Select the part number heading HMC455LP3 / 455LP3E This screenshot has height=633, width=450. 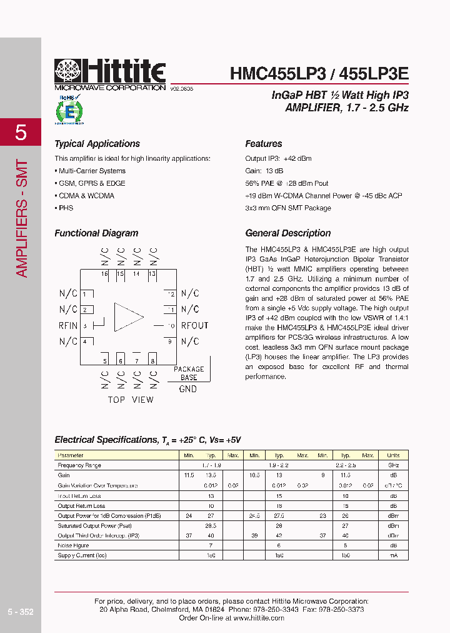[319, 73]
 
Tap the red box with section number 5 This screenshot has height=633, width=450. [21, 133]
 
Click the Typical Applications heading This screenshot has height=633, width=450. [97, 144]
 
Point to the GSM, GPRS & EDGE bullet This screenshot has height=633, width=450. [91, 183]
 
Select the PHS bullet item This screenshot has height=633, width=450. [65, 208]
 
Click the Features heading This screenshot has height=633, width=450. [263, 144]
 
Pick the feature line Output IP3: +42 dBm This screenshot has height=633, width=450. [278, 159]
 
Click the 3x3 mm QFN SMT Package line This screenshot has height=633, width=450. [288, 208]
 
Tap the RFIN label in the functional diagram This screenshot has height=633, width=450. [68, 325]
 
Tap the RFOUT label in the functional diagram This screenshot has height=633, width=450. [194, 325]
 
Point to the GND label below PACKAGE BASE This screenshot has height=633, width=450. [187, 389]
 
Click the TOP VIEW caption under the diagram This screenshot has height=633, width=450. [130, 400]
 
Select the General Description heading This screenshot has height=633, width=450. [287, 233]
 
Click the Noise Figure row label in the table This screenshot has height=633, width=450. [74, 545]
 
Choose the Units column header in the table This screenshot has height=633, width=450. [393, 455]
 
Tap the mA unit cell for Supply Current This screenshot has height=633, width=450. [393, 555]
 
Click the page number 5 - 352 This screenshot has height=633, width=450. [21, 612]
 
